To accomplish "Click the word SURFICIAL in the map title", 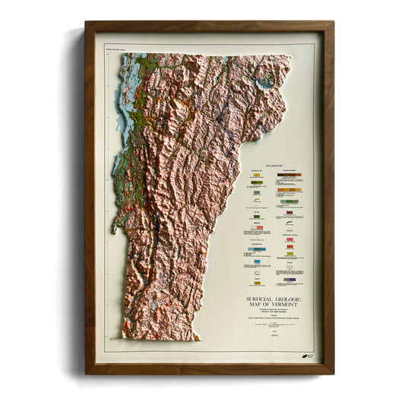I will click(255, 300).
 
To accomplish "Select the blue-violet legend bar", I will click(290, 280).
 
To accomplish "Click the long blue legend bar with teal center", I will click(256, 248).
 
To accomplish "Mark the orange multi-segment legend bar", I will click(290, 189).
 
